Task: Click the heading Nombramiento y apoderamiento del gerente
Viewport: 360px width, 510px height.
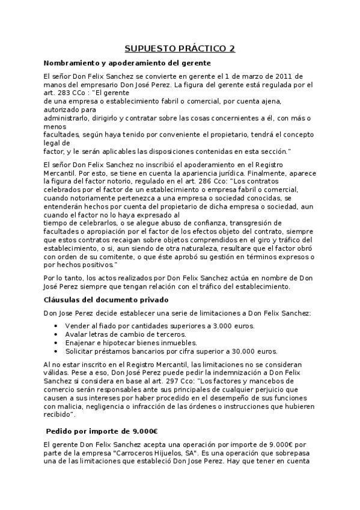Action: (x=127, y=63)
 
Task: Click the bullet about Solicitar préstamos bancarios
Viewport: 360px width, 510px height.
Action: (x=155, y=351)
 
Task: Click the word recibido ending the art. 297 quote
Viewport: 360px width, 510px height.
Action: (x=58, y=414)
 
